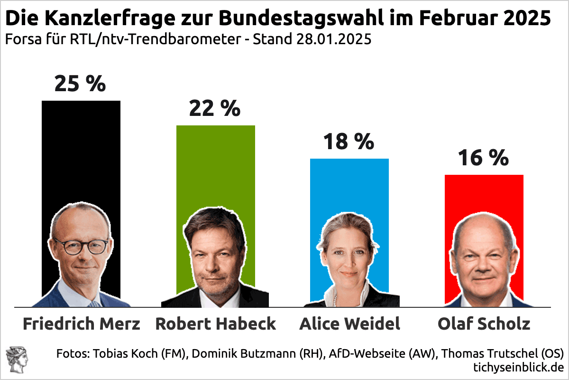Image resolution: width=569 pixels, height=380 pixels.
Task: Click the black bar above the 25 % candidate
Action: point(81,152)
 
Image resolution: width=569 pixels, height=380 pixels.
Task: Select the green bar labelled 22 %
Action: point(215,166)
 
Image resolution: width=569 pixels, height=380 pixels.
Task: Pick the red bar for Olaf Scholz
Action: point(484,195)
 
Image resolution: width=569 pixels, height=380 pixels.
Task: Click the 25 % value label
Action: point(80,84)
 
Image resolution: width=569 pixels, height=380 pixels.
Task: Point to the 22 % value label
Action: point(215,109)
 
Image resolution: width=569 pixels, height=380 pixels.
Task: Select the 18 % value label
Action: point(349,142)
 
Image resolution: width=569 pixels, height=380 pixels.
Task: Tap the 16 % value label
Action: point(483,158)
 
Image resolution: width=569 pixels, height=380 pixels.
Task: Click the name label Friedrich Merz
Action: point(82,323)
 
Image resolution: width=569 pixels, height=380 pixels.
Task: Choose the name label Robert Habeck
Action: point(216,323)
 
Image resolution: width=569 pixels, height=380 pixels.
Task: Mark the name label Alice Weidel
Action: point(350,323)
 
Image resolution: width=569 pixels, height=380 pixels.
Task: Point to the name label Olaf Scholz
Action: point(484,323)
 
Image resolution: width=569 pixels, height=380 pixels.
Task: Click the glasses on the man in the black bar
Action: point(81,246)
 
